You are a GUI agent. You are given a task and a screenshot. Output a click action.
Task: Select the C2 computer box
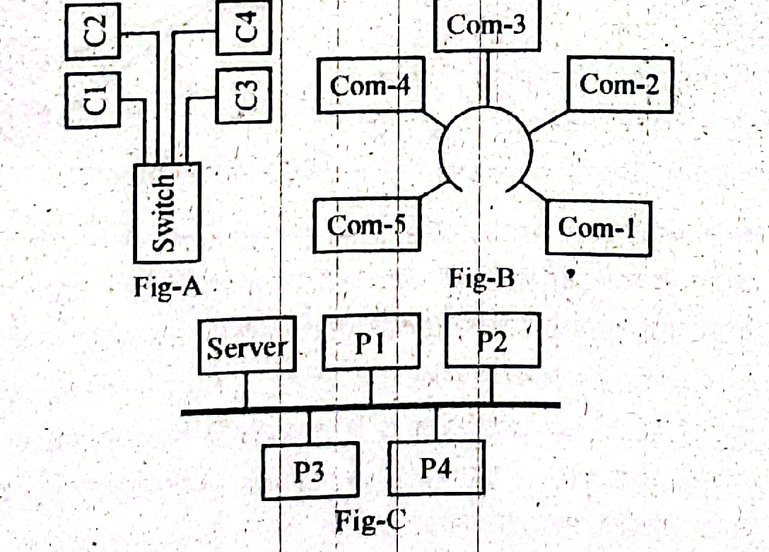(93, 29)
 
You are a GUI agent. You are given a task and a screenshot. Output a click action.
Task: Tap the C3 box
(243, 96)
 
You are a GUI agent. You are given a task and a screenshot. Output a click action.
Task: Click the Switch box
(167, 213)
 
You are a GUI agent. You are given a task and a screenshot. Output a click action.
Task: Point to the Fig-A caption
(168, 288)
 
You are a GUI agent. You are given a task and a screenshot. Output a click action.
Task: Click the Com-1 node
(598, 228)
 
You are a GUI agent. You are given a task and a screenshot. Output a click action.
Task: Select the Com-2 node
(620, 85)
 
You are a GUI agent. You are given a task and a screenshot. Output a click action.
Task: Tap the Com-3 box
(486, 25)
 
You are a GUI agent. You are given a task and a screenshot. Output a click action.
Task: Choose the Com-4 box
(370, 86)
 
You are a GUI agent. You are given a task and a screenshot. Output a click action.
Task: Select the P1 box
(370, 343)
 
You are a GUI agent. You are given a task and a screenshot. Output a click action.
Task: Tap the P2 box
(492, 341)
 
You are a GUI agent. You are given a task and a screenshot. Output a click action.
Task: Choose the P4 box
(436, 467)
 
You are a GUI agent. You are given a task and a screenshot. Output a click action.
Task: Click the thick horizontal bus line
(371, 408)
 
